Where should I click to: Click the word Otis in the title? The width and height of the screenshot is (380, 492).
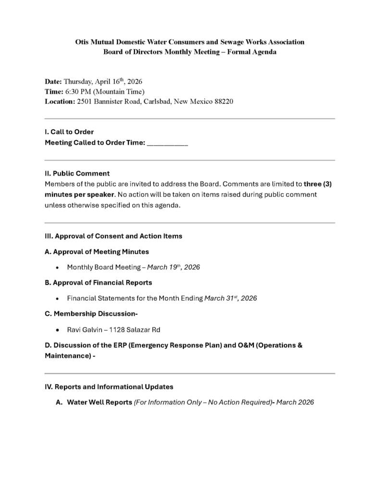tap(84, 42)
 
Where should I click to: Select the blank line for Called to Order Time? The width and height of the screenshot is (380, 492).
tap(167, 143)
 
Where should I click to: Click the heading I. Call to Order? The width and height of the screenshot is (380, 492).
tap(69, 132)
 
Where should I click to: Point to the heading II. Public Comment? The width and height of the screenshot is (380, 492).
tap(77, 173)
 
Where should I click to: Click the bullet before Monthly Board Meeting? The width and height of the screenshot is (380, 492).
tap(58, 268)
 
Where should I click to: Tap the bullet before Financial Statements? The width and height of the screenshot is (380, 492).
tap(58, 299)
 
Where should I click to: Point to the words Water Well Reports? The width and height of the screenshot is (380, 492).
tap(99, 403)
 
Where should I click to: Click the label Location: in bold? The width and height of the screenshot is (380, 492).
tap(60, 102)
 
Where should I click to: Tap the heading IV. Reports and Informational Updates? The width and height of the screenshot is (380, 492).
tap(109, 387)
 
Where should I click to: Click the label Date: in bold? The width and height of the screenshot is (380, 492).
tap(53, 82)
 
